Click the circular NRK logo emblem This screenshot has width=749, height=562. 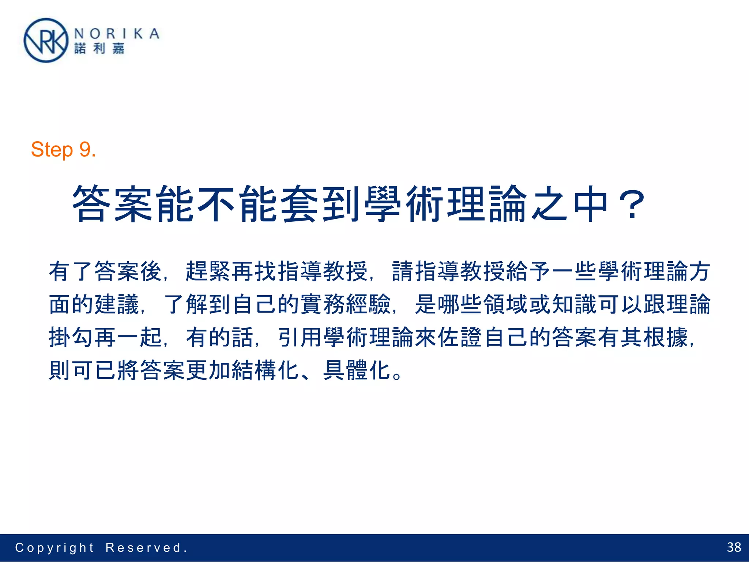(x=46, y=41)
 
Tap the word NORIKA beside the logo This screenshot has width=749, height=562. (x=117, y=34)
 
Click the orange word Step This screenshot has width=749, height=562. (x=52, y=150)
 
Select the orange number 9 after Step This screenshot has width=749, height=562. (x=85, y=150)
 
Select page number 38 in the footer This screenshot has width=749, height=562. (x=734, y=547)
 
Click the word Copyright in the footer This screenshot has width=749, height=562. (x=54, y=548)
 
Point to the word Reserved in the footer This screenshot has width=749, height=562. (x=143, y=548)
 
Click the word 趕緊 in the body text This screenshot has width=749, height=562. (x=208, y=271)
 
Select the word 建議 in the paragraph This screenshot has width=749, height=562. (x=117, y=304)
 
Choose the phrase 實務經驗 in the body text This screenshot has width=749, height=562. (x=345, y=304)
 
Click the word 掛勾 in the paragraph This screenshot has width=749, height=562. (x=71, y=337)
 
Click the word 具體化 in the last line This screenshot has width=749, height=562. (x=357, y=370)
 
